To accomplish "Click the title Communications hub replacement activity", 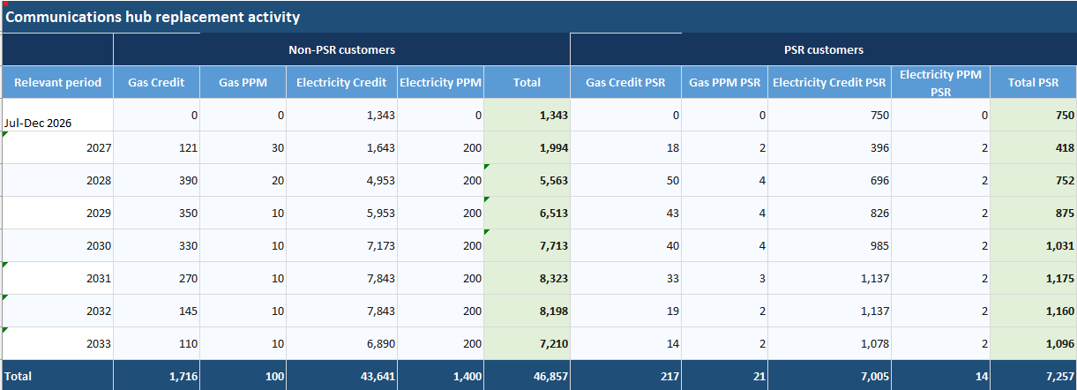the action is coord(153,17).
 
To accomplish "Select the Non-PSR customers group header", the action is coord(341,49).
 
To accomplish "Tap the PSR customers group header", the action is coord(823,49).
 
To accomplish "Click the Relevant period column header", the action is coord(57,82).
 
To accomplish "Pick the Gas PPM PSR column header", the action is coord(724,82).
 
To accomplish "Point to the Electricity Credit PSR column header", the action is coord(829,82).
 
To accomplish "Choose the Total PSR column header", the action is coord(1033,82).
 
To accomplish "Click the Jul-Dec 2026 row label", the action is coord(38,124).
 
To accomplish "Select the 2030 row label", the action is coord(99,245).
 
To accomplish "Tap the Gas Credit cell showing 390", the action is coord(188,180).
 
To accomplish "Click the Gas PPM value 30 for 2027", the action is coord(278,147).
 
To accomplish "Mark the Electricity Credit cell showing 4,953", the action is coord(380,180).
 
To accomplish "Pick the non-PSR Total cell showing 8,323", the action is coord(553,279).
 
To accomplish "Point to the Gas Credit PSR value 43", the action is coord(673,213).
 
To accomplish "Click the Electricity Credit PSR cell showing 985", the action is coord(879,245).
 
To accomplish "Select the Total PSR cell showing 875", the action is coord(1065,213).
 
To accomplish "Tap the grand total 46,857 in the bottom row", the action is coord(550,376).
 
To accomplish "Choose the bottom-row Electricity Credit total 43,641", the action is coord(378,376).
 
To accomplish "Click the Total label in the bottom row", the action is coord(18,376).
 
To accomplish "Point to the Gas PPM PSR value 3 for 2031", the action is coord(762,279).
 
